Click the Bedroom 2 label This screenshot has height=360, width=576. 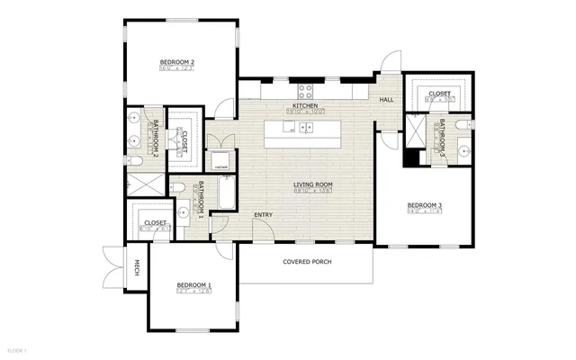178,62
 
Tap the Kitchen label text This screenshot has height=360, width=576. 305,106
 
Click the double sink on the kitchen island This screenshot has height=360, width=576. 301,127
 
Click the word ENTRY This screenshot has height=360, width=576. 264,214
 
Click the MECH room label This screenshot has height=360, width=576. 137,267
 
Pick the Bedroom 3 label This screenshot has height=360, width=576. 423,206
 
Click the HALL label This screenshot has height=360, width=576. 387,100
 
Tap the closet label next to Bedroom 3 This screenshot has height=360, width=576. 439,93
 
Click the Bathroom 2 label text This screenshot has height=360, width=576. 155,139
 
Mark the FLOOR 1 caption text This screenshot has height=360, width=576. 17,349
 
